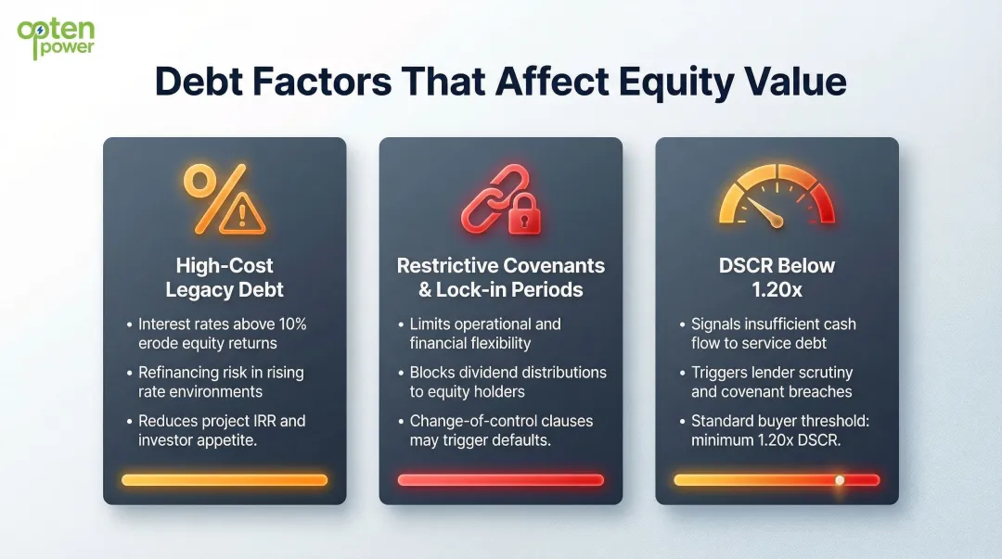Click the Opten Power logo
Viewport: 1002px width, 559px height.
click(56, 37)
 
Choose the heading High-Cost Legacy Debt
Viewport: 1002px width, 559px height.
click(224, 277)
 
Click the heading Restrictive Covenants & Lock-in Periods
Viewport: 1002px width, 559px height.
click(500, 277)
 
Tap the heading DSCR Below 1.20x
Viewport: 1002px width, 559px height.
click(777, 277)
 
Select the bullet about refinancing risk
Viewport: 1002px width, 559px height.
click(221, 382)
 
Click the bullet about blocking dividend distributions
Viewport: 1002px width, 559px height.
click(507, 382)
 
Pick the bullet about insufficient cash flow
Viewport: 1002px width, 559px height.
click(773, 334)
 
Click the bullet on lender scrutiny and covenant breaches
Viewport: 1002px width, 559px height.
click(771, 382)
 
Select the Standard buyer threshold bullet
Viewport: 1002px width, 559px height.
click(779, 430)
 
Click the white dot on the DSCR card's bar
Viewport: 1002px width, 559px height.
click(840, 480)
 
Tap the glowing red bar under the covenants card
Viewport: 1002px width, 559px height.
click(500, 480)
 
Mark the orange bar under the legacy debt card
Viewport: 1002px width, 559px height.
click(224, 480)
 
